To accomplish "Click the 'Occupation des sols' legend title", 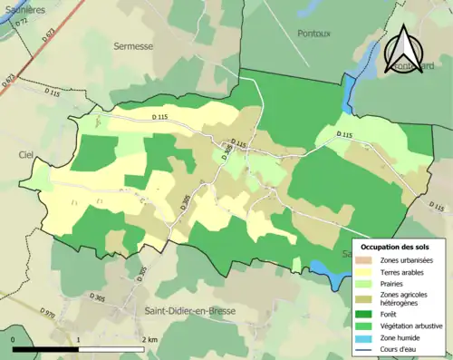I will (x=396, y=247).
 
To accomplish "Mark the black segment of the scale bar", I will (x=47, y=349).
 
